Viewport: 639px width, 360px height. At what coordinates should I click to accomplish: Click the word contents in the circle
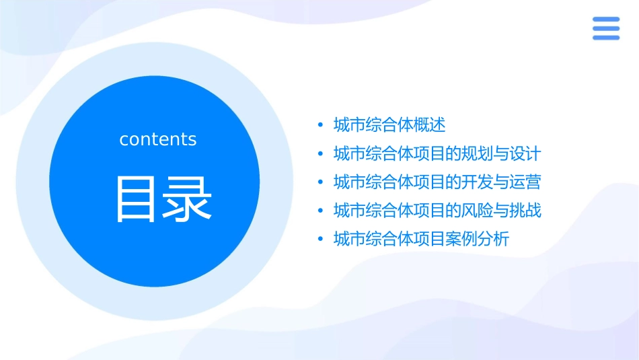tap(158, 139)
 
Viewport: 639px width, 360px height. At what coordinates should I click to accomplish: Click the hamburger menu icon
tap(606, 28)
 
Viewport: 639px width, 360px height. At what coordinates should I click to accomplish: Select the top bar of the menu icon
tap(606, 20)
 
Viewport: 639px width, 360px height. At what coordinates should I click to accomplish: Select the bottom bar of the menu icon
tap(606, 38)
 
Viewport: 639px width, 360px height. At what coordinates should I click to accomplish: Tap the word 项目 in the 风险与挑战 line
tap(420, 211)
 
